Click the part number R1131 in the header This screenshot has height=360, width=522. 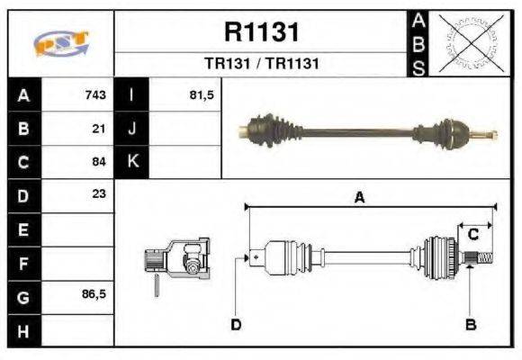pos(261,32)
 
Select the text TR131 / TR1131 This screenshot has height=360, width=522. pos(261,65)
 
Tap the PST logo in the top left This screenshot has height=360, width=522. pos(60,44)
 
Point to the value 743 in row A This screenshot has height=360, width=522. pos(95,95)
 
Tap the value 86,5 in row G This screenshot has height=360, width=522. pos(94,293)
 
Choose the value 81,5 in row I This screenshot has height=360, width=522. pos(201,95)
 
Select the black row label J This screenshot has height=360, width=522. pos(131,129)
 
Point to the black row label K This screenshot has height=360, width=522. pos(131,162)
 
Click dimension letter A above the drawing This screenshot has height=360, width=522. pos(359,198)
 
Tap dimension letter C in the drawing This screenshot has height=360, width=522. pos(472,234)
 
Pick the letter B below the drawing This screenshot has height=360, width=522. pos(470,323)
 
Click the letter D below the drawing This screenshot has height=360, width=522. pos(236,323)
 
